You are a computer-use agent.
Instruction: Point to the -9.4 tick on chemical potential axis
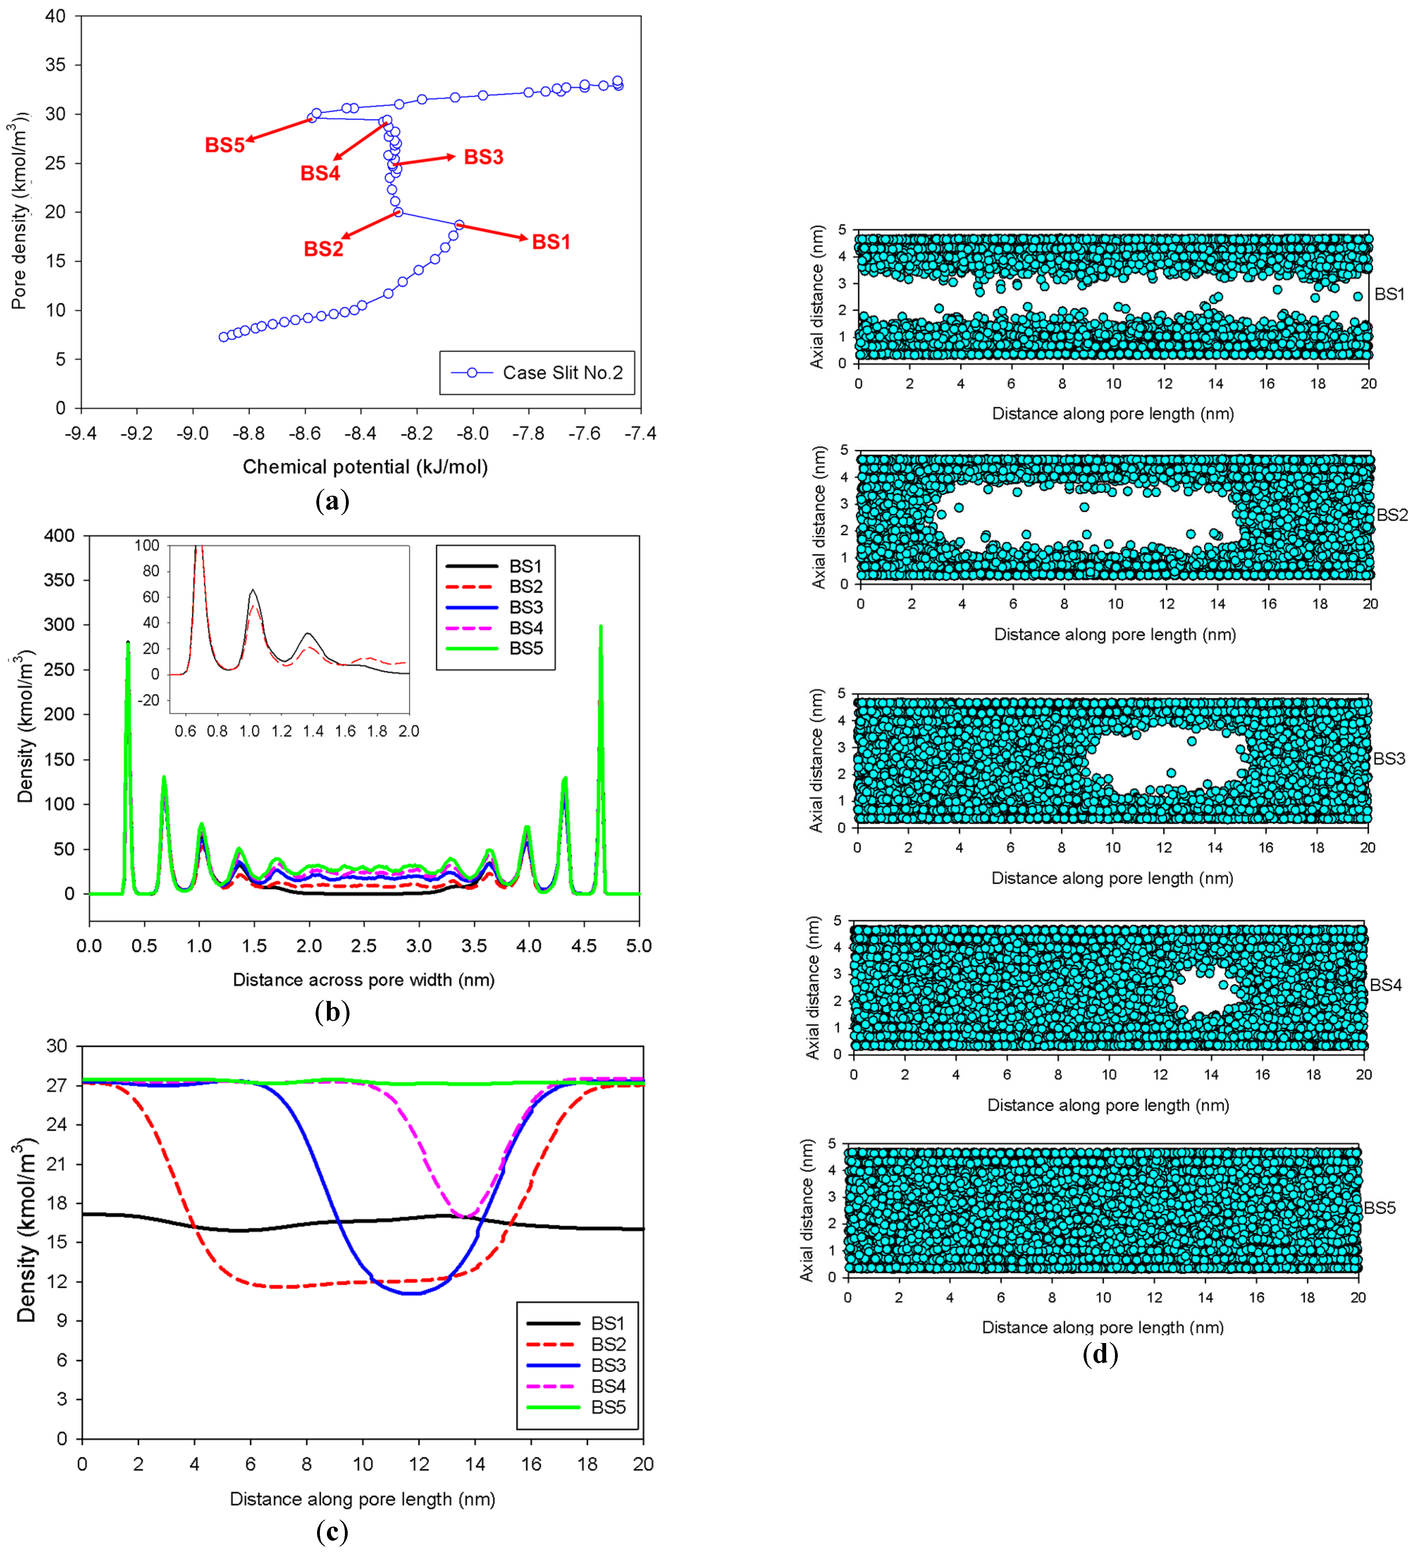pyautogui.click(x=81, y=434)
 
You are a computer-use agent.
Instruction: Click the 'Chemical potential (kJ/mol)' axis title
pyautogui.click(x=365, y=467)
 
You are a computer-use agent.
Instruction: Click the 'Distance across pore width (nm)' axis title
pyautogui.click(x=364, y=980)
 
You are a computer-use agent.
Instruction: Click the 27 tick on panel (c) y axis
pyautogui.click(x=57, y=1085)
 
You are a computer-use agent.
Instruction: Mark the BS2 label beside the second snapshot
pyautogui.click(x=1392, y=515)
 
